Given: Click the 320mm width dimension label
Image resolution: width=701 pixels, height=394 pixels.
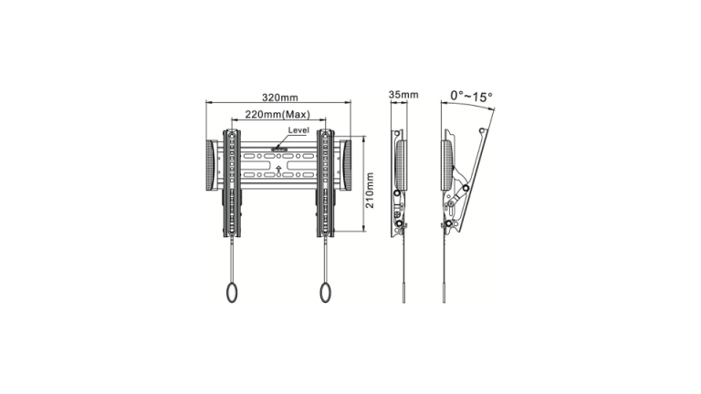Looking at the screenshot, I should pyautogui.click(x=278, y=98).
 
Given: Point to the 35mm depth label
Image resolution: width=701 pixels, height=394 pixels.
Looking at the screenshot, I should pyautogui.click(x=403, y=95).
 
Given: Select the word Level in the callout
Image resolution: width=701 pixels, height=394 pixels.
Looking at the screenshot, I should pyautogui.click(x=298, y=130).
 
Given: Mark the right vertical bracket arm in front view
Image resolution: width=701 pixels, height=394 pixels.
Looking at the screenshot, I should pyautogui.click(x=326, y=182).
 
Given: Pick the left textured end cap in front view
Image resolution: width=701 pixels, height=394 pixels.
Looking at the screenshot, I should pyautogui.click(x=212, y=166).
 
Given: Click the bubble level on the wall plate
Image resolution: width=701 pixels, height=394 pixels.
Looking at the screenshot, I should pyautogui.click(x=279, y=144).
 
